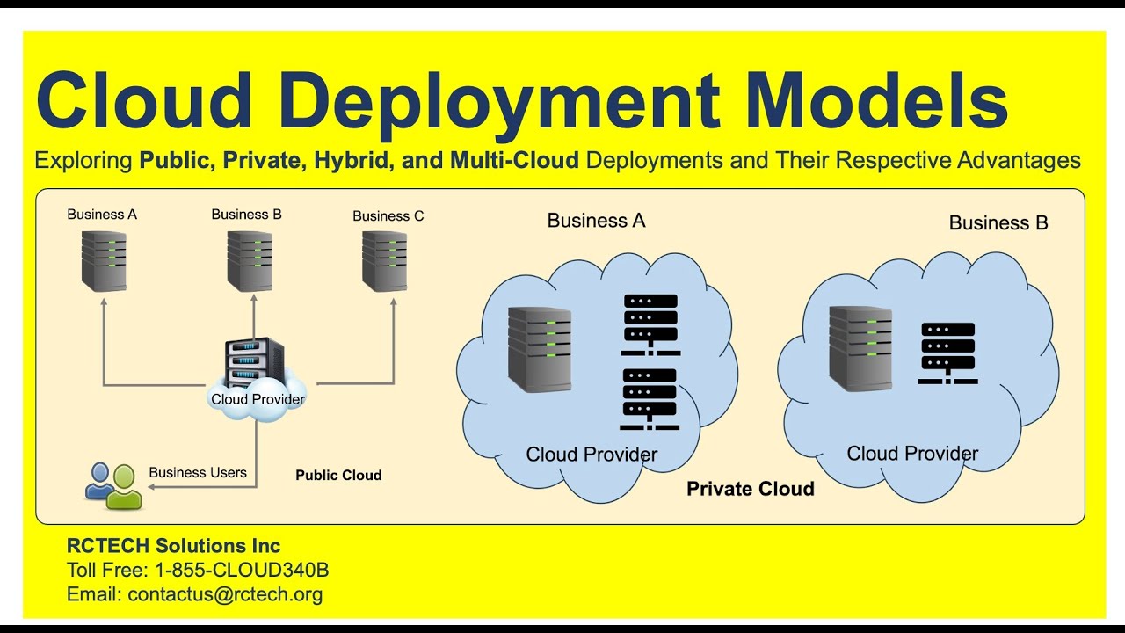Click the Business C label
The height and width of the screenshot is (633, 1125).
tap(388, 215)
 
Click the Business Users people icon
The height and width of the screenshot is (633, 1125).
tap(113, 485)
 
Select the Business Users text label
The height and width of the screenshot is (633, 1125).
tap(198, 473)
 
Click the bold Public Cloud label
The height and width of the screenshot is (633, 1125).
tap(338, 476)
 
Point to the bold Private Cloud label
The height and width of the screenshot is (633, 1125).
tap(750, 489)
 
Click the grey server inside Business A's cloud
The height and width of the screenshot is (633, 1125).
tap(540, 350)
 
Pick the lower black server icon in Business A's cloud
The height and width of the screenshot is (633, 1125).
tap(650, 398)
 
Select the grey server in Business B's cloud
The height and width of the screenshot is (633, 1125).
tap(860, 348)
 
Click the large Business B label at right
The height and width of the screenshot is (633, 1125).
tap(998, 223)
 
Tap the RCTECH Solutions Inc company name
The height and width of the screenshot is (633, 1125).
tap(174, 546)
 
